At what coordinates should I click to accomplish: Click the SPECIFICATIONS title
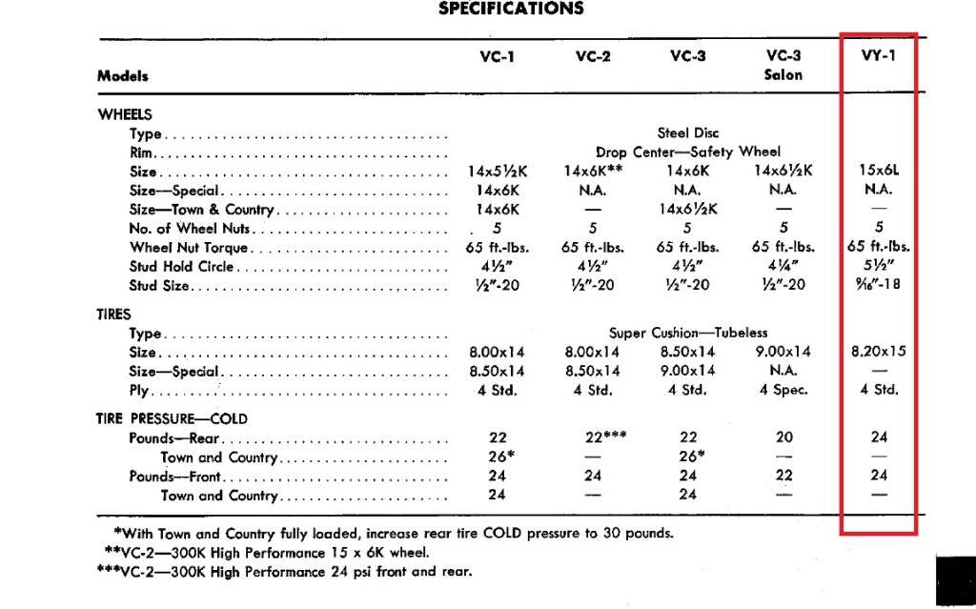coord(511,9)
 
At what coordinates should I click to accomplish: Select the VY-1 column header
coord(878,56)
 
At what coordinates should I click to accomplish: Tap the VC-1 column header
coord(497,56)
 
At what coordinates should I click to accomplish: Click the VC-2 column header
coord(592,56)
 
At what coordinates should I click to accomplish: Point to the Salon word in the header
coord(783,74)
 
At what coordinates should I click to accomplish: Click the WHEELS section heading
coord(125,114)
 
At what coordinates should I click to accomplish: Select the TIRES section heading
coord(114,315)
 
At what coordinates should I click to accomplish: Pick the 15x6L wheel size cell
coord(878,172)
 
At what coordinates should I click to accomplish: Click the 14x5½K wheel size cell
coord(497,172)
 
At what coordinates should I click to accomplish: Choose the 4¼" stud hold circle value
coord(783,267)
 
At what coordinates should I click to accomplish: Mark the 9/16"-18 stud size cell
coord(878,286)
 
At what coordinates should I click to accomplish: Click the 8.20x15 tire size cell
coord(878,352)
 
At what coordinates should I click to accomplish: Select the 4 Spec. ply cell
coord(783,390)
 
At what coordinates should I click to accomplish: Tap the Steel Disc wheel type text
coord(688,133)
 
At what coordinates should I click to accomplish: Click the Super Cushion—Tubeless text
coord(688,334)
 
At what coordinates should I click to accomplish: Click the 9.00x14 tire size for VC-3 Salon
coord(783,352)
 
